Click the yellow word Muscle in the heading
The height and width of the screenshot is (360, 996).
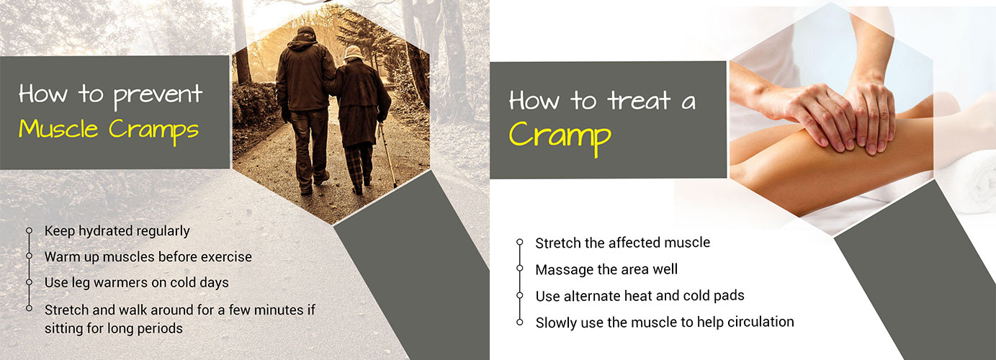tap(58, 129)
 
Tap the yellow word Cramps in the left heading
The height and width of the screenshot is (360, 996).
tap(154, 130)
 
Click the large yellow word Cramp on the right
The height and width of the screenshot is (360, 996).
tap(560, 136)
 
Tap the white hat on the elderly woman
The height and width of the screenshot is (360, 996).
tap(354, 52)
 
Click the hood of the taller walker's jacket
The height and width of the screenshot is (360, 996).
tap(306, 37)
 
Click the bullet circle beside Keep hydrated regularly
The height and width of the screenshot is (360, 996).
tap(29, 230)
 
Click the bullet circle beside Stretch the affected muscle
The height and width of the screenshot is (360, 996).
tap(519, 242)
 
